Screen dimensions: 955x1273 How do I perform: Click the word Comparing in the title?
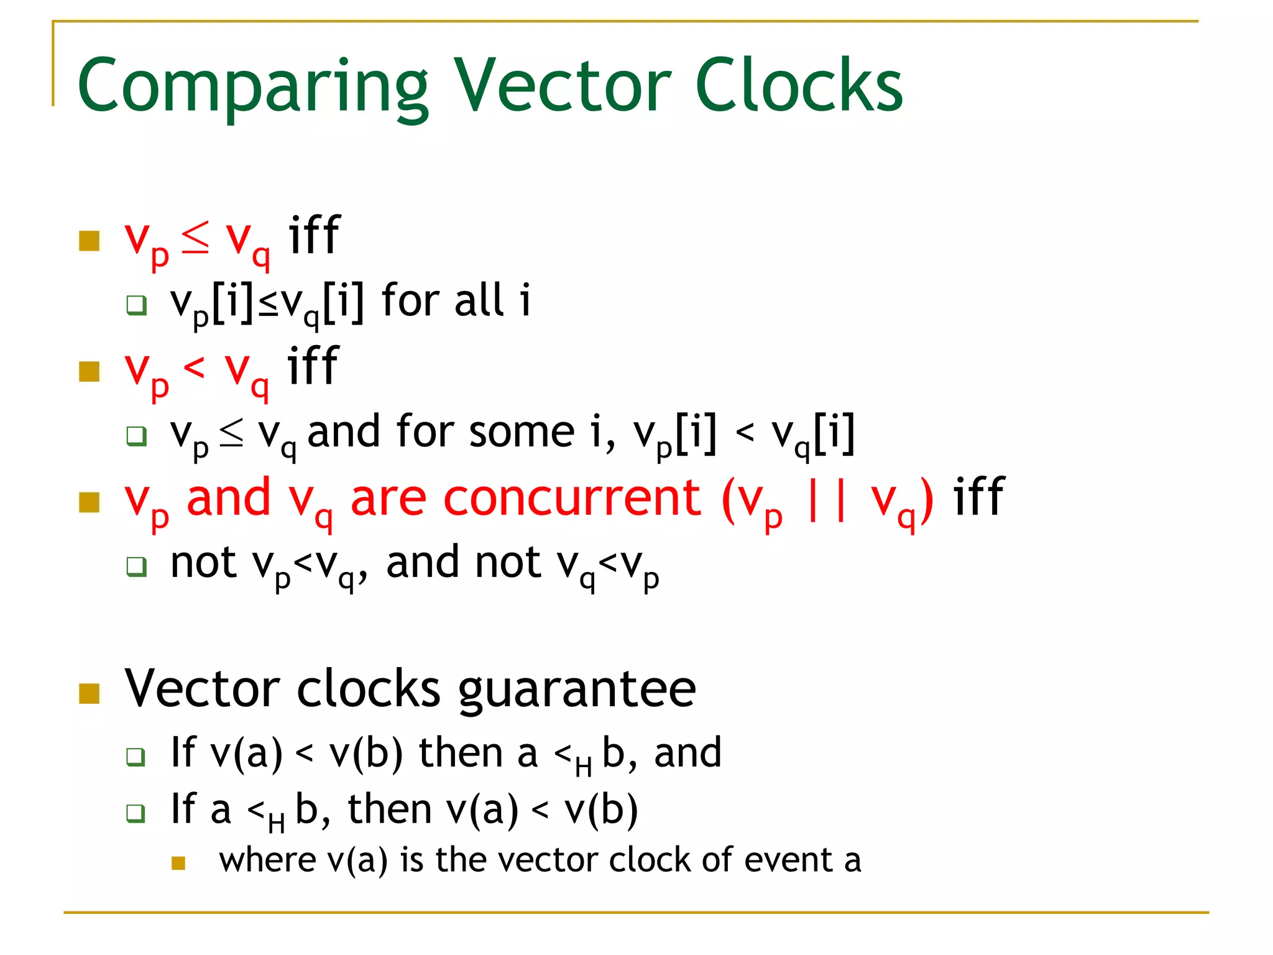coord(252,87)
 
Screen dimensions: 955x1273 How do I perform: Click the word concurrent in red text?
coord(572,499)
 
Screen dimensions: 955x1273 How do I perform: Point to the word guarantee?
coord(577,690)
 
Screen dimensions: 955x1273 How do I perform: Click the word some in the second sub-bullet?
coord(521,433)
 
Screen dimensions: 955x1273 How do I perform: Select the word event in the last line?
coord(789,860)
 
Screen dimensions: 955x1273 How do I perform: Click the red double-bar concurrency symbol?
coord(825,499)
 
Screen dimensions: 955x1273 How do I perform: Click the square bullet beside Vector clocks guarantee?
coord(90,693)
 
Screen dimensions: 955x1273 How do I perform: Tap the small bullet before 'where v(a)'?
coord(178,863)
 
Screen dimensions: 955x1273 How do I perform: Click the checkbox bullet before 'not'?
coord(136,566)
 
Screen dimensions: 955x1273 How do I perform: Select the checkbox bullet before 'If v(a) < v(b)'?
coord(136,757)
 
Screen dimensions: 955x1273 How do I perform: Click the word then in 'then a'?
coord(461,754)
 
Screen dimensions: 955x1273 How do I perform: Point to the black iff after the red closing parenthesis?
coord(978,497)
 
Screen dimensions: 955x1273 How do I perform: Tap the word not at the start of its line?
coord(203,563)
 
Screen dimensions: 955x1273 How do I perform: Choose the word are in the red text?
coord(388,499)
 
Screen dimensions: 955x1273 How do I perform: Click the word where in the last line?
coord(267,860)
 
